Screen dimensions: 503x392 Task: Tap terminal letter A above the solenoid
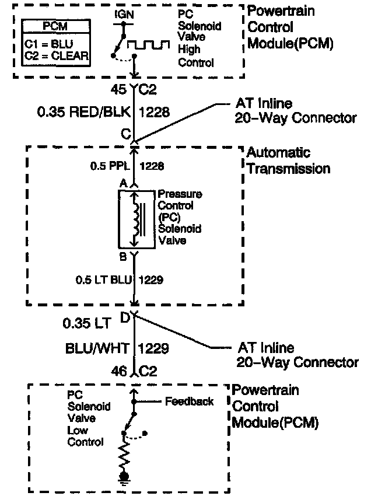coord(123,183)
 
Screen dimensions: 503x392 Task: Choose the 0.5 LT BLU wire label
coord(104,280)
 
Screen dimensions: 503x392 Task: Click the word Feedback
coord(189,401)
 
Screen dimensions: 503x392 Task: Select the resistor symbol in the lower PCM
coord(124,457)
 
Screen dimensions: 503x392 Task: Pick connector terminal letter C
coord(125,133)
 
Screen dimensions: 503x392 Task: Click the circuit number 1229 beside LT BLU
coord(150,280)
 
